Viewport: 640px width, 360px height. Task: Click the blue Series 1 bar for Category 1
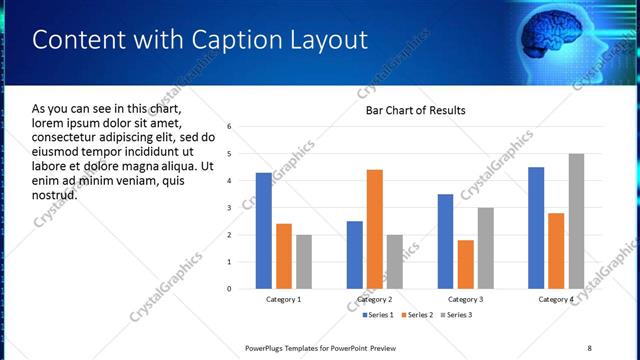(x=263, y=231)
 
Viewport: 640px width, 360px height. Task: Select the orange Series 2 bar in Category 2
(x=375, y=229)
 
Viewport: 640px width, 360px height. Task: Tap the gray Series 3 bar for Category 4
(x=576, y=221)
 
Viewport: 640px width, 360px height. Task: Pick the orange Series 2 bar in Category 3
(x=466, y=264)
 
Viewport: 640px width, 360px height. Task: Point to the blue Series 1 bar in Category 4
(x=536, y=228)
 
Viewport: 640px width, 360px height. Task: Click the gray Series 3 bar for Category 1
(x=303, y=262)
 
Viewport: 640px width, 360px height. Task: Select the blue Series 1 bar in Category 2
(x=355, y=255)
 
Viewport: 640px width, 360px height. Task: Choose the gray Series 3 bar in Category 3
(x=486, y=248)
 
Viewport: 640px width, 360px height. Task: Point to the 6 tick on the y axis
(x=230, y=127)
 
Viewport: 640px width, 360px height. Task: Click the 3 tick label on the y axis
(x=230, y=208)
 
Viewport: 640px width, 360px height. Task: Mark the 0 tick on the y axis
(x=230, y=289)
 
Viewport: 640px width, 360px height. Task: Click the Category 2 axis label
(x=375, y=299)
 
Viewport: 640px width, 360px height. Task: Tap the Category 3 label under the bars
(x=466, y=299)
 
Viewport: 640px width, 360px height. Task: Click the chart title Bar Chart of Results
(x=415, y=109)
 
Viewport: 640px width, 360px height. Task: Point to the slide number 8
(x=589, y=348)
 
